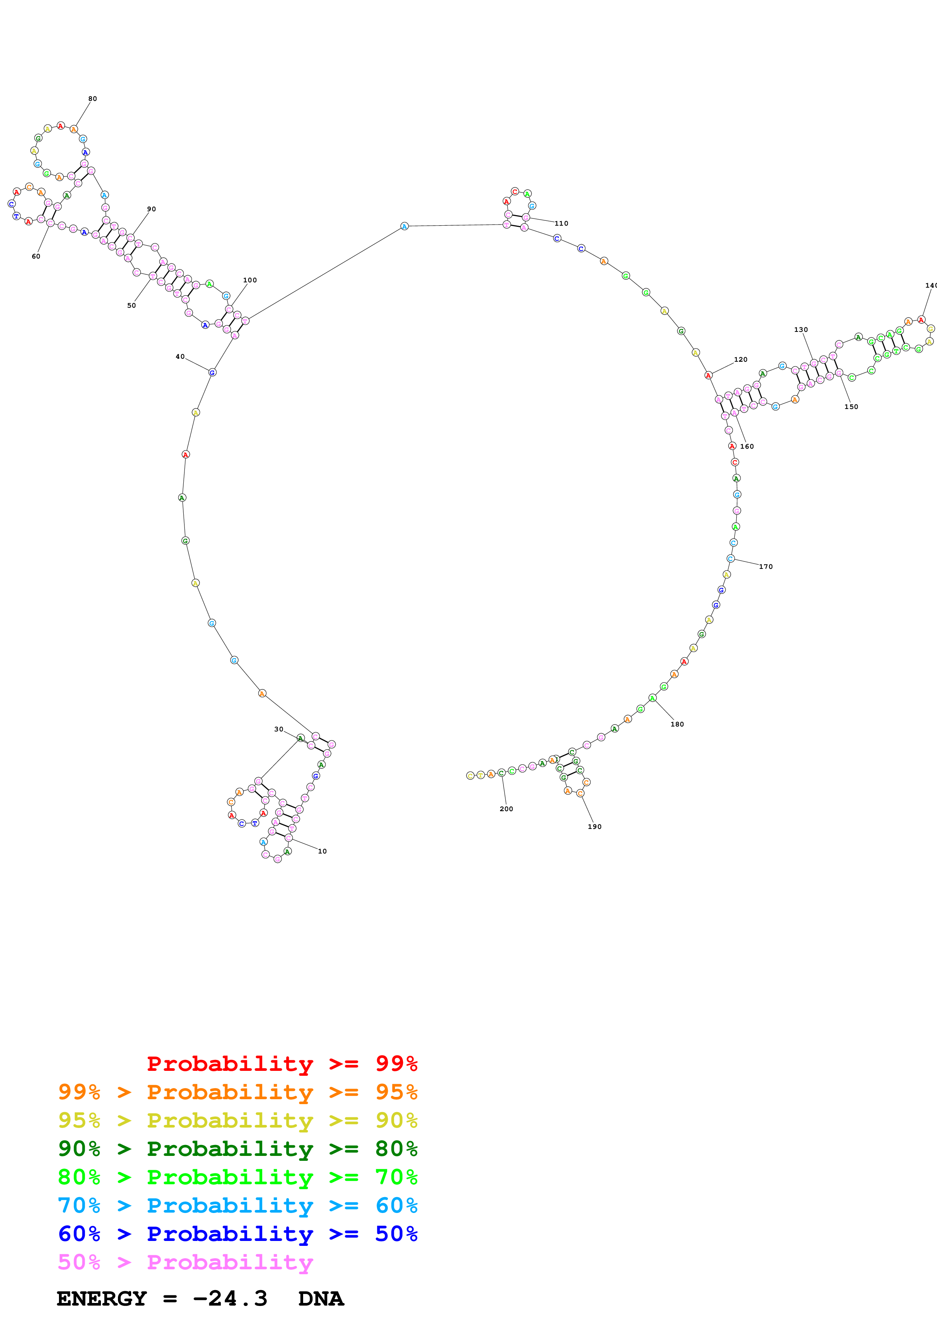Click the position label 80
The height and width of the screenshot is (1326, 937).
click(92, 99)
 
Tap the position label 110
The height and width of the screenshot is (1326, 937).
click(561, 223)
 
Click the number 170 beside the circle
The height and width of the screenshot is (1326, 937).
click(765, 567)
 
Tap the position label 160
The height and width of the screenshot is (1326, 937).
click(747, 446)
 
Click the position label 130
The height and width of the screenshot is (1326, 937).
click(801, 330)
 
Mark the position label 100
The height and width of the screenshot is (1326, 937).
click(249, 280)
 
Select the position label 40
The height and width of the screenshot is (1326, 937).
click(180, 356)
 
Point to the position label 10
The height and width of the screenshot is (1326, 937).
click(322, 851)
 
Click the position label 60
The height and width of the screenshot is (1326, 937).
click(36, 256)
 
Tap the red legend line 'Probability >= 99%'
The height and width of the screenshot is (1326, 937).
click(282, 1063)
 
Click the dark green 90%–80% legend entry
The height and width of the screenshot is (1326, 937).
click(237, 1149)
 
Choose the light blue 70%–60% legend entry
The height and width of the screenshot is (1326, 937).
click(237, 1205)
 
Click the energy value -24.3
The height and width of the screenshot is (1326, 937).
click(230, 1298)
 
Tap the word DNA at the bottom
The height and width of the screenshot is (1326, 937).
click(321, 1298)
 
